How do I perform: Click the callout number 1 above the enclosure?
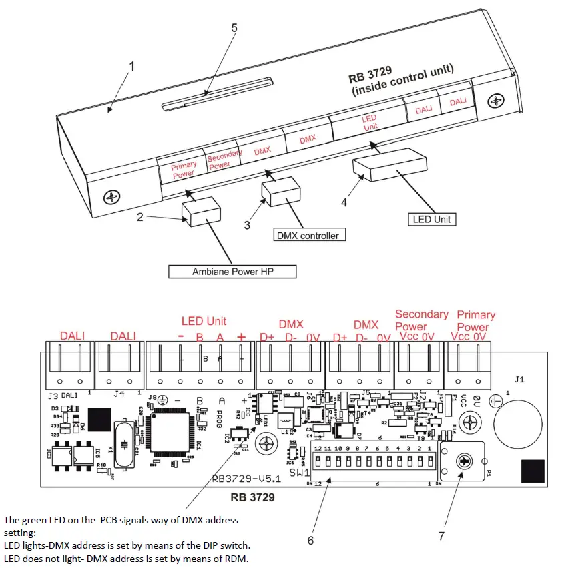point(132,67)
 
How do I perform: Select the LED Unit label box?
point(432,219)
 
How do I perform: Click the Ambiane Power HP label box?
point(232,272)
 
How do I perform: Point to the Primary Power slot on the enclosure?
point(182,170)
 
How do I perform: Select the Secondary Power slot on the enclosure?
point(224,161)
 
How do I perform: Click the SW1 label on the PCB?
point(300,472)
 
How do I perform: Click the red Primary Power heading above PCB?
point(476,320)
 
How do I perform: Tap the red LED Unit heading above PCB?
point(204,321)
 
